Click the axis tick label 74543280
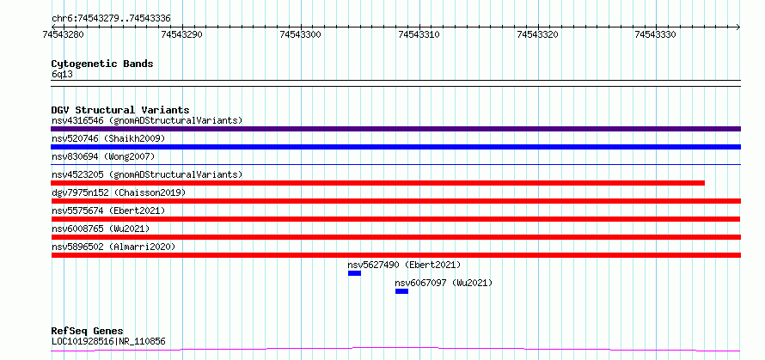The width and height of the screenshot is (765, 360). [64, 34]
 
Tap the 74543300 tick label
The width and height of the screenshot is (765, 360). [301, 34]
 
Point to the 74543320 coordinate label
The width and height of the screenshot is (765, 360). [538, 34]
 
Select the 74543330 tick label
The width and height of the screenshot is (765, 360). [656, 34]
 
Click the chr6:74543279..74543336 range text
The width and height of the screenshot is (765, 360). [111, 19]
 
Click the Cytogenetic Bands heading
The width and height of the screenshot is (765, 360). [102, 64]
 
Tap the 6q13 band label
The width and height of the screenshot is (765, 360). [62, 74]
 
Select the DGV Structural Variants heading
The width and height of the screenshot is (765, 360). [120, 110]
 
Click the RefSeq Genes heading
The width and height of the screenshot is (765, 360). [88, 331]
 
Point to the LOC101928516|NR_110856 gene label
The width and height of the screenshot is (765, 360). [108, 341]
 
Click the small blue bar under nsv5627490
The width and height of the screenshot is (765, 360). [354, 273]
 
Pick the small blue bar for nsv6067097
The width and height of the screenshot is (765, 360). [401, 291]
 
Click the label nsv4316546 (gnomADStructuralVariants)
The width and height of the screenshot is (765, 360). [147, 120]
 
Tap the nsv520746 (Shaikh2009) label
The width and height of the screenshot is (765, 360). [108, 138]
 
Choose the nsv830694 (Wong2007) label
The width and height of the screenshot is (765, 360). [103, 156]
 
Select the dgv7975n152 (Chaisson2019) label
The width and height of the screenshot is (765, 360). [119, 192]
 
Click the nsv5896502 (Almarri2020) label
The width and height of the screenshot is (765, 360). [113, 247]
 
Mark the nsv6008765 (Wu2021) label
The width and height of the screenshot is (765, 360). [101, 229]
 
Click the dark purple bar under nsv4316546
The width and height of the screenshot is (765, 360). [395, 129]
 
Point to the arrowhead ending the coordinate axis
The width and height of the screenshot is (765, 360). [738, 27]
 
